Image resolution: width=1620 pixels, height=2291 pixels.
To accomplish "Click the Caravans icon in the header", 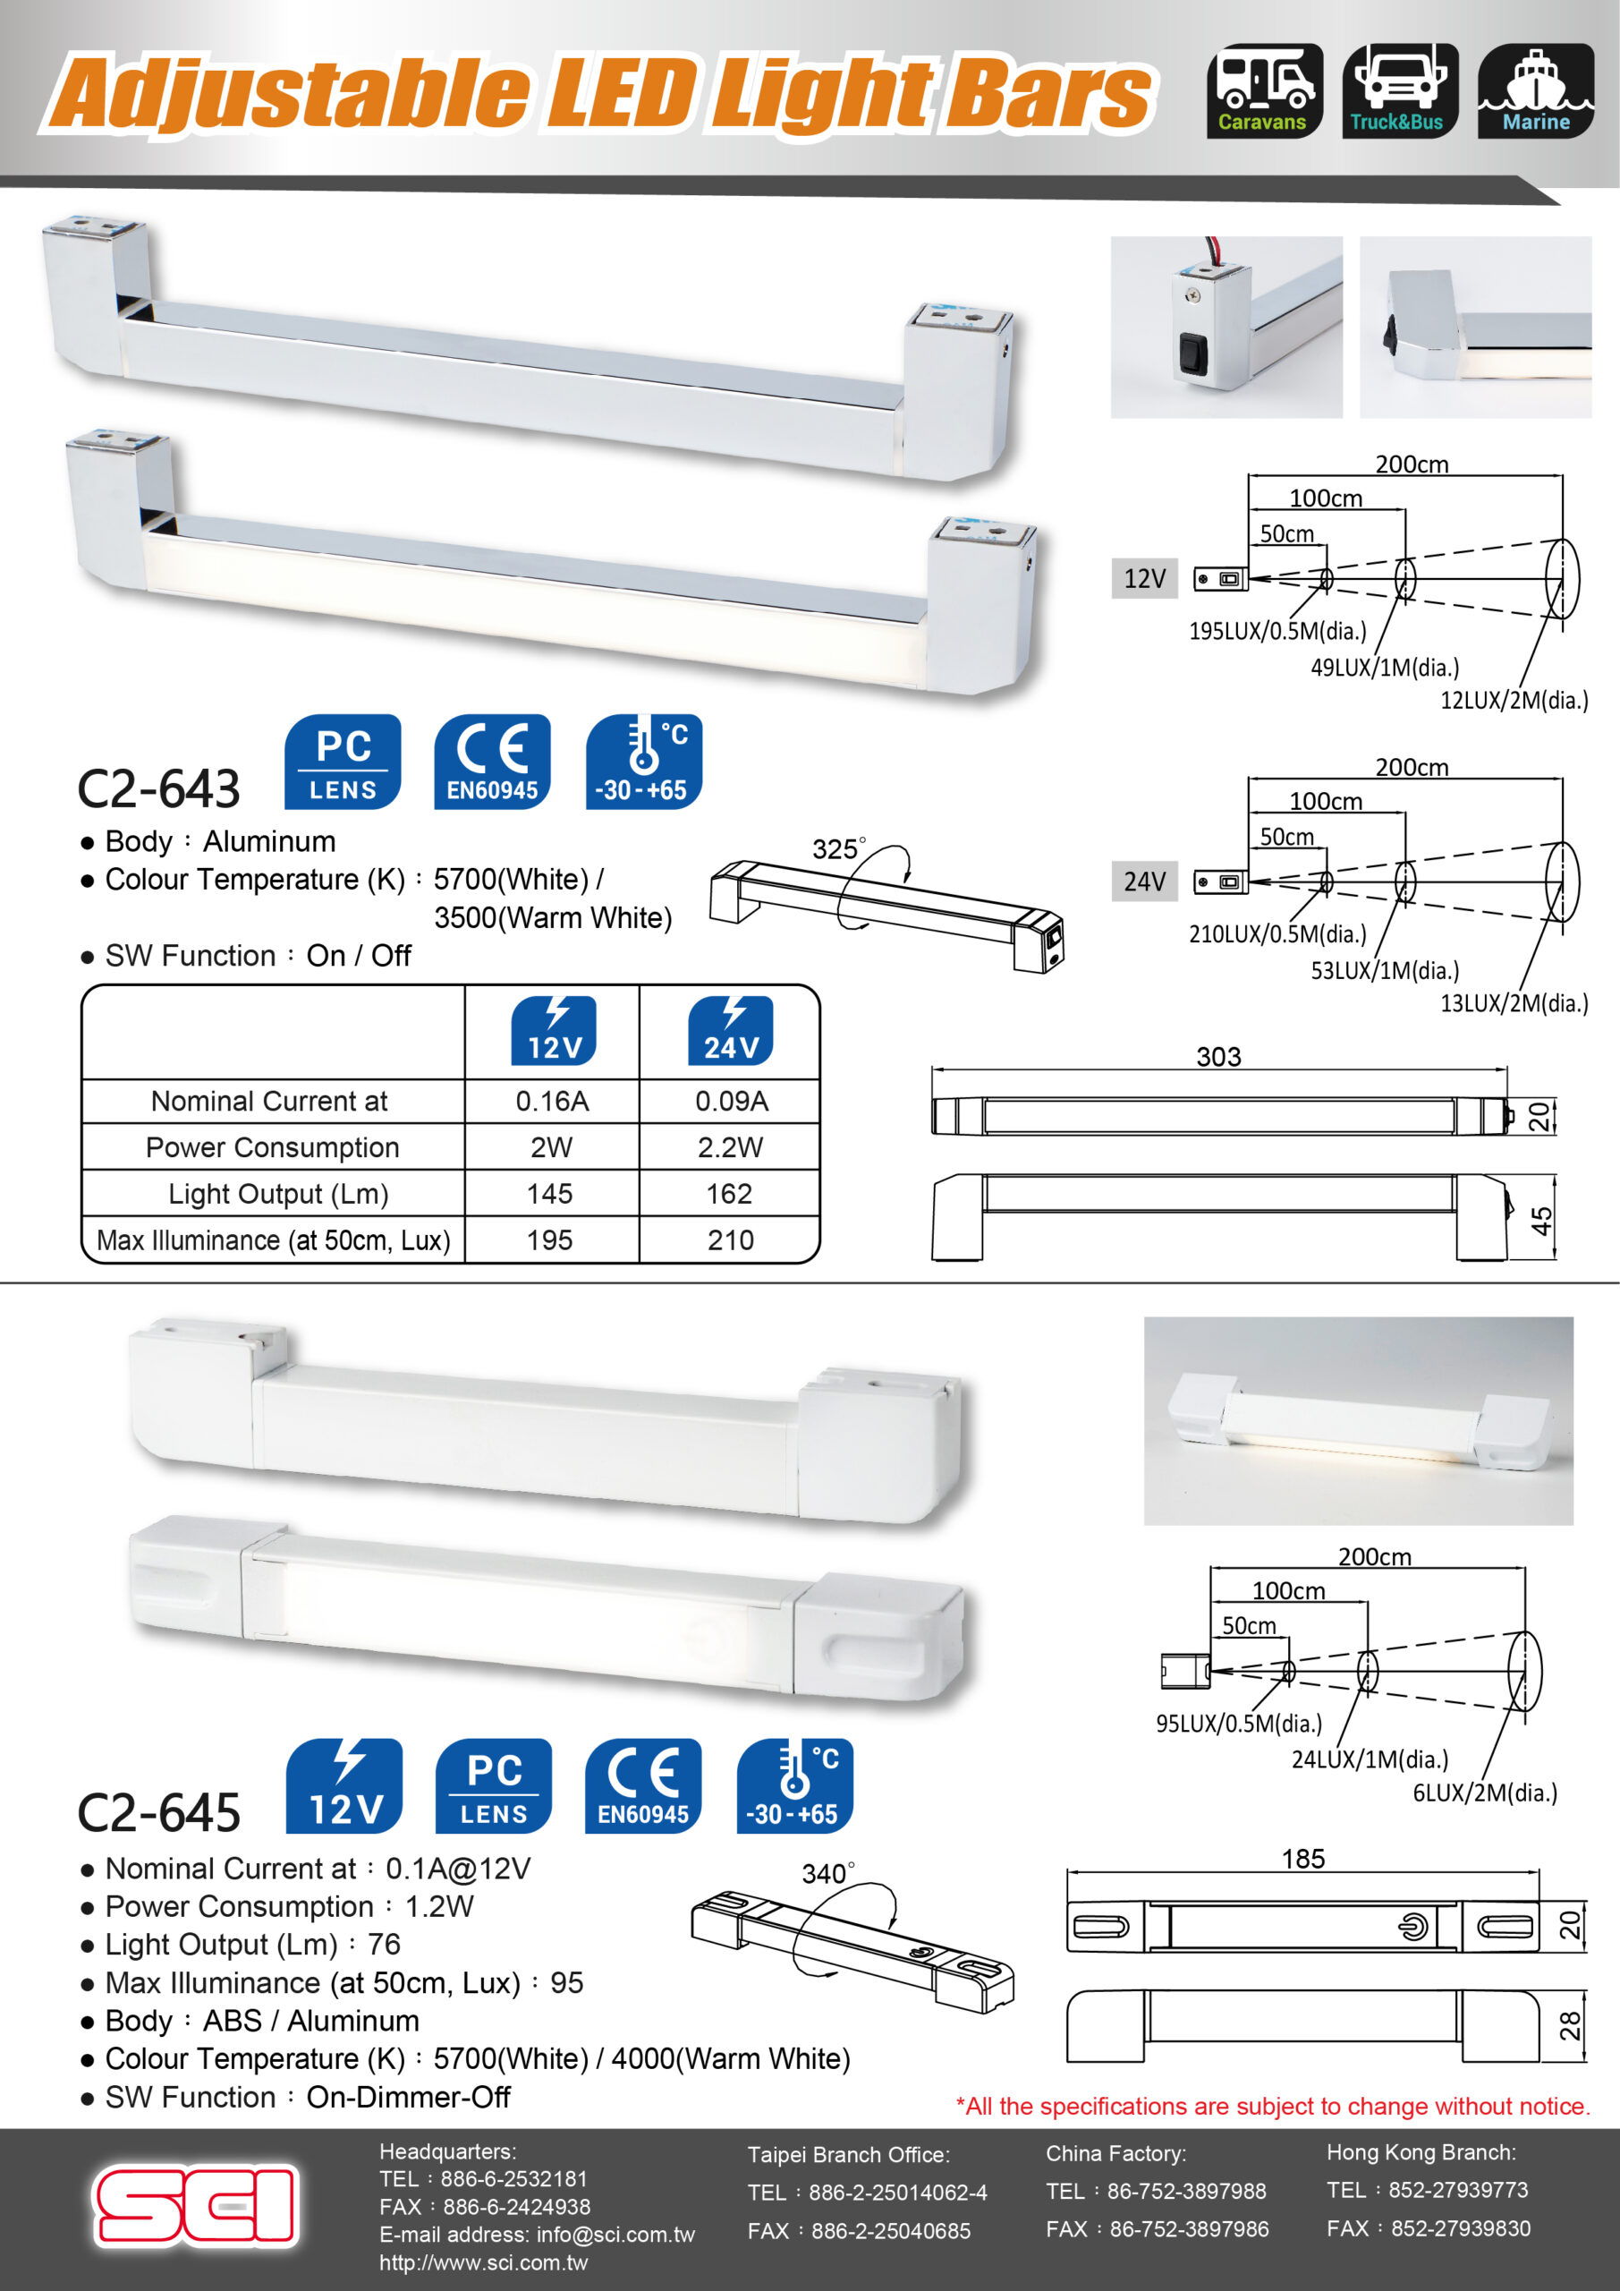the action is point(1265,90).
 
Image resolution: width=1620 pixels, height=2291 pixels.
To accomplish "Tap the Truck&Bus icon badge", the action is point(1400,90).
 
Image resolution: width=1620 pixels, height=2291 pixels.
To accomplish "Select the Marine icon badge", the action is point(1535,90).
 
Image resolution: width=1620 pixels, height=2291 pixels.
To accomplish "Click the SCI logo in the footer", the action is point(197,2205).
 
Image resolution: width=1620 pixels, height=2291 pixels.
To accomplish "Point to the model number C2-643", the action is point(158,788).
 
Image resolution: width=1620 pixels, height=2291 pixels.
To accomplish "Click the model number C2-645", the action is point(158,1812).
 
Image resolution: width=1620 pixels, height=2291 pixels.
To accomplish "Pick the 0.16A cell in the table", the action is point(552,1101).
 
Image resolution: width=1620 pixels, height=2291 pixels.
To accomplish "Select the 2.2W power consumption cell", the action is point(730,1147).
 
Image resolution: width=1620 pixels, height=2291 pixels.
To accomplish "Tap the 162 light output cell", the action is point(729,1194).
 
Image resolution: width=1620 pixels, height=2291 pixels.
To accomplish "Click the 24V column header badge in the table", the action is point(730,1031).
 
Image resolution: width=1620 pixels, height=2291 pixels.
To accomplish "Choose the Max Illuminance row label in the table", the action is point(274,1240).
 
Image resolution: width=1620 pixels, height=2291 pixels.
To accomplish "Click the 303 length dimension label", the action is point(1219,1057).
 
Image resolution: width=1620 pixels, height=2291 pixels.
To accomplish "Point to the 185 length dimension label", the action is point(1302,1859).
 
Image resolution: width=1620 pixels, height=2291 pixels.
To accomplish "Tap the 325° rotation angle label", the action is point(838,849).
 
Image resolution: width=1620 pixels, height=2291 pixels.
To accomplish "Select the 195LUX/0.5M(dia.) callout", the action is point(1276,631).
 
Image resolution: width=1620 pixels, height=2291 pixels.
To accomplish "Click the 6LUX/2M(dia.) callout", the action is point(1484,1793).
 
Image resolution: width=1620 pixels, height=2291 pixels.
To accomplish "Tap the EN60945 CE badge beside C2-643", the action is point(492,762).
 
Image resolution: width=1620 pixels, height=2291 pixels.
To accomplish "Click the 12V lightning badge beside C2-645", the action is point(344,1786).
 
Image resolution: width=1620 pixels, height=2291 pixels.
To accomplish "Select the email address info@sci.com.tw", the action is point(615,2236).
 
